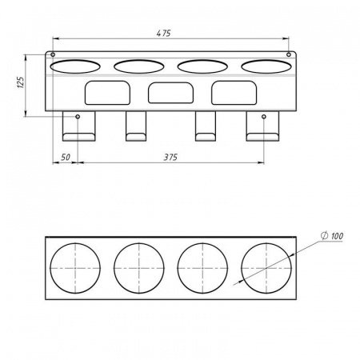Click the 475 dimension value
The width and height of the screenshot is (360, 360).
pos(163,34)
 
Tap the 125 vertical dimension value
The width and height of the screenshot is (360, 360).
pos(21,82)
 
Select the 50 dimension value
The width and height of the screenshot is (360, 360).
pos(66,157)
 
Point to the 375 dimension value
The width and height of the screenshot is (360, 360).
pos(170,157)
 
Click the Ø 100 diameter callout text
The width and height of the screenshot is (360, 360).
pos(332,236)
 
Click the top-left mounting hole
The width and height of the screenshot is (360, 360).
pos(53,54)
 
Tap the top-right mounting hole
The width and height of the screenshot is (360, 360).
pos(289,54)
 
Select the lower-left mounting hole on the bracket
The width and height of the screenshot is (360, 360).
pos(78,117)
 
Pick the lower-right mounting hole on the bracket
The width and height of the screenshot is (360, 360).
pos(264,117)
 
